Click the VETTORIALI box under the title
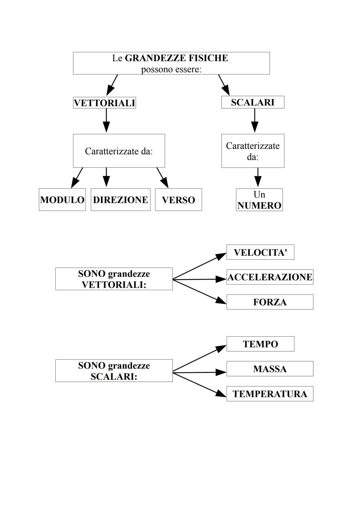tap(104, 103)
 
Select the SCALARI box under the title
tap(253, 102)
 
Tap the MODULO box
tap(62, 200)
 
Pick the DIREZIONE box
tap(120, 200)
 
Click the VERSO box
tap(178, 200)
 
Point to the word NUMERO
tap(259, 206)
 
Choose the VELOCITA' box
tap(260, 252)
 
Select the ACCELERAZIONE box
tap(270, 277)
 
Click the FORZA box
tap(270, 302)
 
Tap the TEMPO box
tap(260, 344)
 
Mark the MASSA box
tap(270, 369)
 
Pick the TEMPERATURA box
tap(270, 394)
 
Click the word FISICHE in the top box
tap(208, 58)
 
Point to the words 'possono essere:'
tap(171, 69)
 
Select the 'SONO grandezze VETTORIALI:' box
tap(114, 279)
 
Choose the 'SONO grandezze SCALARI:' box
tap(114, 370)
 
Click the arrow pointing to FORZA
tap(200, 291)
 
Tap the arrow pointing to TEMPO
tap(200, 359)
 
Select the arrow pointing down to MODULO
tap(77, 178)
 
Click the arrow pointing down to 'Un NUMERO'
tap(258, 177)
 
